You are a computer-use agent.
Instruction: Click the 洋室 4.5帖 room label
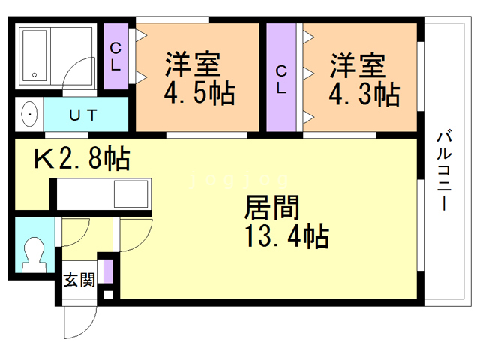[199, 78]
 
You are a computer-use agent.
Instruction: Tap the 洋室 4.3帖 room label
[364, 78]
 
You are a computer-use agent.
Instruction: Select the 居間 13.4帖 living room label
[286, 222]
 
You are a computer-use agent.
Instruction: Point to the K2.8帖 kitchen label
[80, 159]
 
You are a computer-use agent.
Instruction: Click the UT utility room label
[83, 115]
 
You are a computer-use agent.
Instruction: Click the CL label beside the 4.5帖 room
[115, 57]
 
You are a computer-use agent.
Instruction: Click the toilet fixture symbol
[33, 253]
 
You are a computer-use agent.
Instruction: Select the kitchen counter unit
[101, 197]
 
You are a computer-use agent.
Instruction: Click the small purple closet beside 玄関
[108, 271]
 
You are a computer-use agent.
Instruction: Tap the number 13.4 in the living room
[264, 238]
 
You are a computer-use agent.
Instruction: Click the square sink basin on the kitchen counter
[130, 197]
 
